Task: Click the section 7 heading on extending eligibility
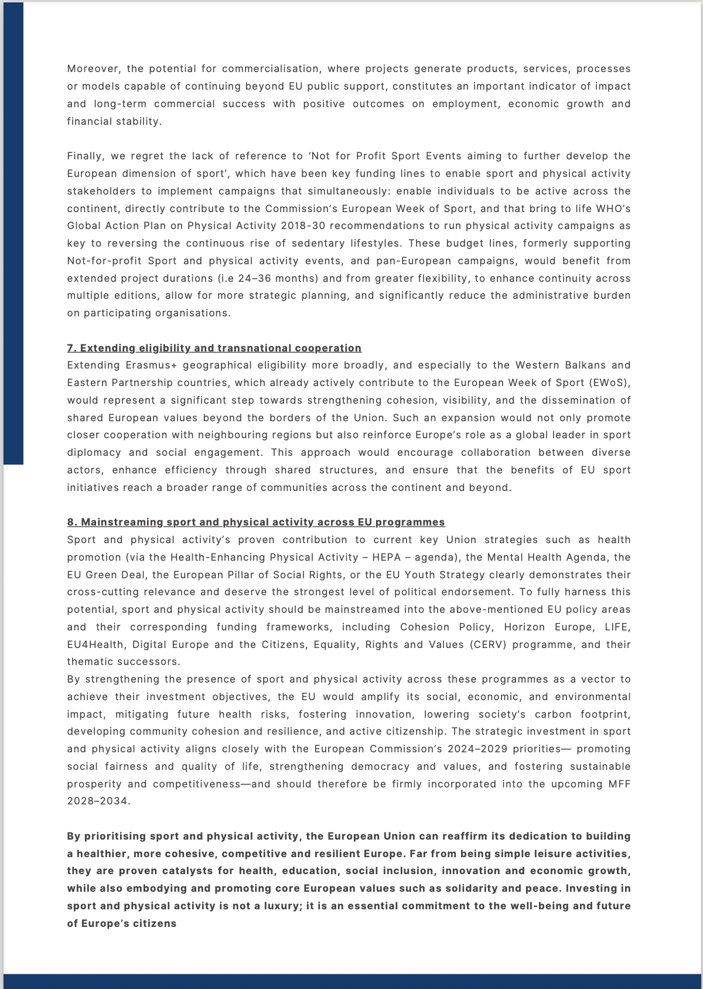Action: point(214,348)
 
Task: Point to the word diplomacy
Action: point(94,453)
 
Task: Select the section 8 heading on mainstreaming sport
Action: point(255,522)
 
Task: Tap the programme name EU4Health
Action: point(95,644)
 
